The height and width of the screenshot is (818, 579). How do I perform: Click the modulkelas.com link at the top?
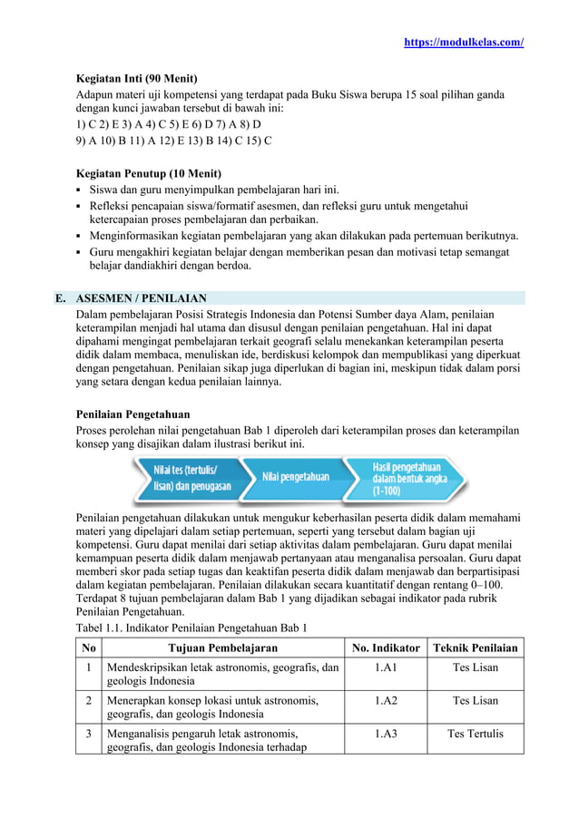pyautogui.click(x=464, y=43)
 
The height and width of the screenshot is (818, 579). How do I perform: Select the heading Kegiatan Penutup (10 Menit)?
pyautogui.click(x=148, y=173)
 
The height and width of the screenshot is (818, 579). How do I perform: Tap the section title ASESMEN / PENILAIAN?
pyautogui.click(x=141, y=297)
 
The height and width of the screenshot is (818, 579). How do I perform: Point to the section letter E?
pyautogui.click(x=59, y=297)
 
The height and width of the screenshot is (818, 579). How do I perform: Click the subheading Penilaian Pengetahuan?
pyautogui.click(x=132, y=414)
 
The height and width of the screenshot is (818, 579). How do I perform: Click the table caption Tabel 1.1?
pyautogui.click(x=191, y=628)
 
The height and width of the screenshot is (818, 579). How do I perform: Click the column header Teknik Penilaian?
pyautogui.click(x=476, y=648)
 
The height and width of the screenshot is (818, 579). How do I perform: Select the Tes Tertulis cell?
pyautogui.click(x=476, y=733)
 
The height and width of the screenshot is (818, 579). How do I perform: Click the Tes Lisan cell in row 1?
pyautogui.click(x=476, y=667)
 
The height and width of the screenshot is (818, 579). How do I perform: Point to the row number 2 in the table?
pyautogui.click(x=88, y=700)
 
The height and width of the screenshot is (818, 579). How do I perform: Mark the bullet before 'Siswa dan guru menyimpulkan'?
pyautogui.click(x=80, y=190)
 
